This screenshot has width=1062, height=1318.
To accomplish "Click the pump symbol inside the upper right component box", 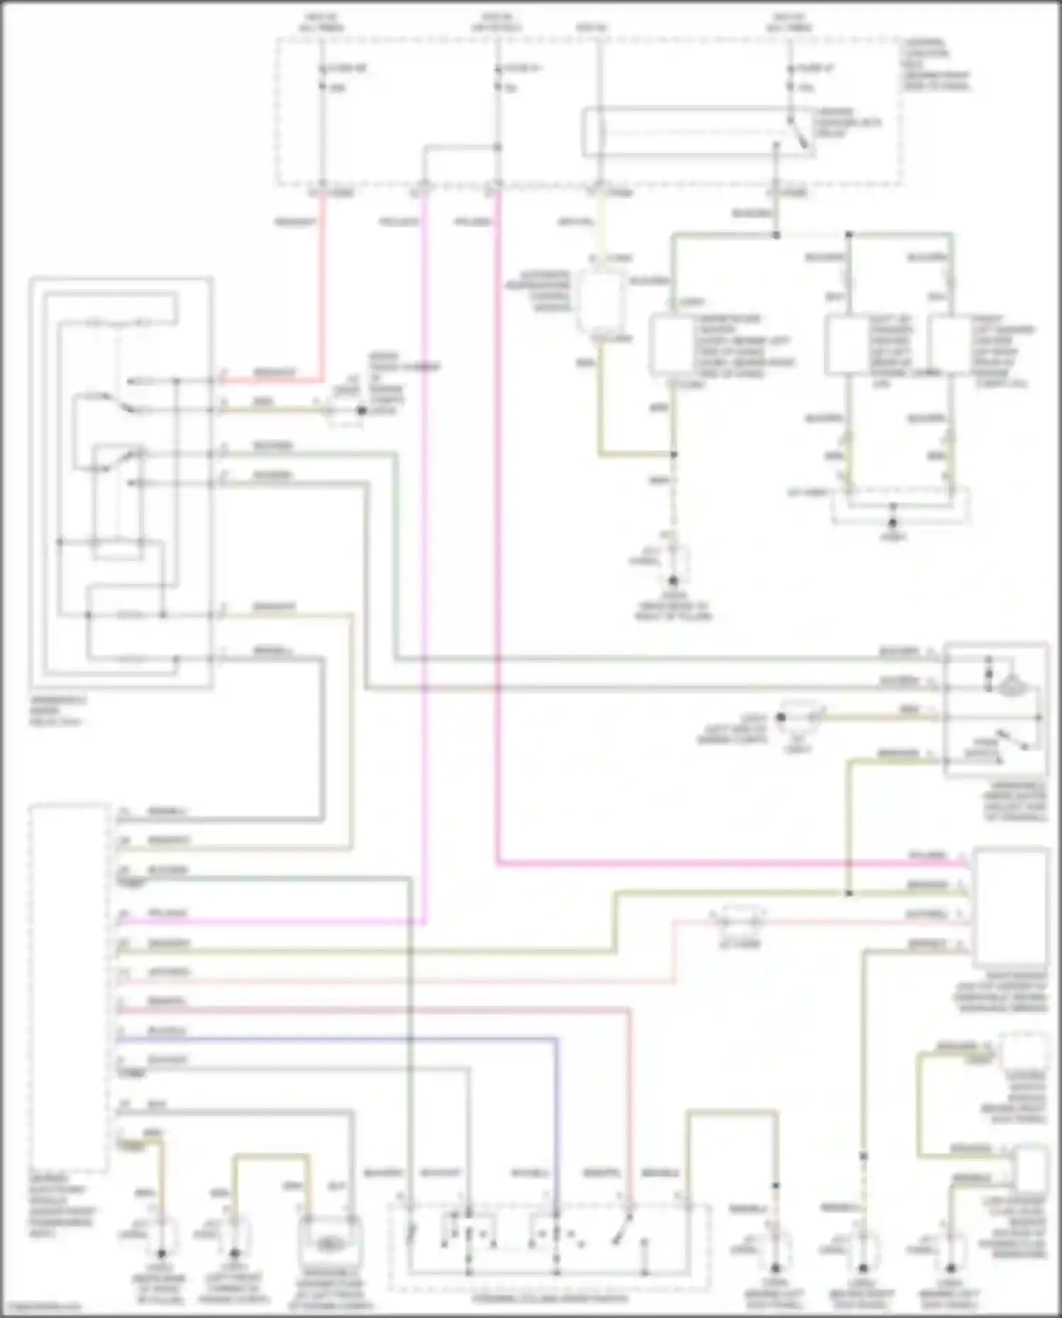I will (1010, 684).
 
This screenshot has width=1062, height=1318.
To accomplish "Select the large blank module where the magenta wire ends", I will (1011, 907).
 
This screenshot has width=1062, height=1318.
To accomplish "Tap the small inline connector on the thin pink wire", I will (738, 921).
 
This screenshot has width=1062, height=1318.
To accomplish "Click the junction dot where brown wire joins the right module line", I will (848, 893).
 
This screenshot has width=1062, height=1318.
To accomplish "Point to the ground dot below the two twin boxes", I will (893, 523).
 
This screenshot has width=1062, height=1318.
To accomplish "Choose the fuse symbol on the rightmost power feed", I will (790, 78).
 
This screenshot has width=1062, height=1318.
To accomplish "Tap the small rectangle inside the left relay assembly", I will (118, 549).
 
